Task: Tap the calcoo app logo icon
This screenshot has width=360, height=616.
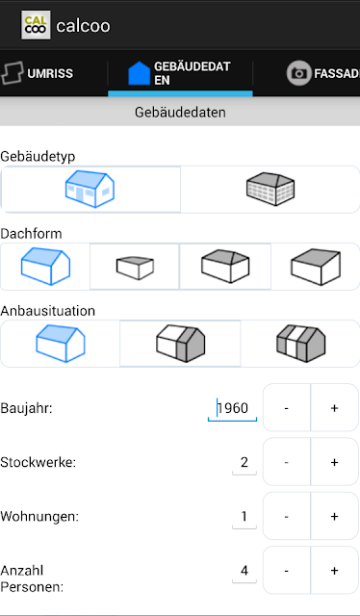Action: (x=36, y=25)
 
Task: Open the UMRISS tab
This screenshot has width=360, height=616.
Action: (x=38, y=73)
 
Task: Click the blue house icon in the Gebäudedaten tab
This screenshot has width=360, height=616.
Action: (x=140, y=73)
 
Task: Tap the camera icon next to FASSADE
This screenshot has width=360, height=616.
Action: (x=298, y=73)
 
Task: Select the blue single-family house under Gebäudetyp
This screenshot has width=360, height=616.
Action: (x=90, y=189)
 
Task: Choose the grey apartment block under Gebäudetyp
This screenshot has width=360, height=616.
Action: (x=270, y=189)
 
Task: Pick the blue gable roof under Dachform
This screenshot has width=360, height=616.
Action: (x=45, y=266)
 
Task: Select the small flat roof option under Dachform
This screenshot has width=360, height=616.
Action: (x=135, y=268)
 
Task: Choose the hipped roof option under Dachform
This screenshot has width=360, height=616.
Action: (x=225, y=266)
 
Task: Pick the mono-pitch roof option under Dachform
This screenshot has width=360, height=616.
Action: (x=316, y=267)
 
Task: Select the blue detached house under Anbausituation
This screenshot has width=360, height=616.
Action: (x=61, y=344)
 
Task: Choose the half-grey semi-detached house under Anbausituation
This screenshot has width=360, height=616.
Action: (x=180, y=344)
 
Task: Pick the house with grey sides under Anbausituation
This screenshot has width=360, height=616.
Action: (x=301, y=344)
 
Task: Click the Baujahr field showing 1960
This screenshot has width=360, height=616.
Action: (x=232, y=408)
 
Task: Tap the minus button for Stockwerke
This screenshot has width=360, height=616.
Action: (x=287, y=462)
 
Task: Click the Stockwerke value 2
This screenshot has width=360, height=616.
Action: (x=244, y=463)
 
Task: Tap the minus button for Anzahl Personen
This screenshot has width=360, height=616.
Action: (x=287, y=571)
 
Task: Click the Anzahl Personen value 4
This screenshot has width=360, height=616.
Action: (x=244, y=571)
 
